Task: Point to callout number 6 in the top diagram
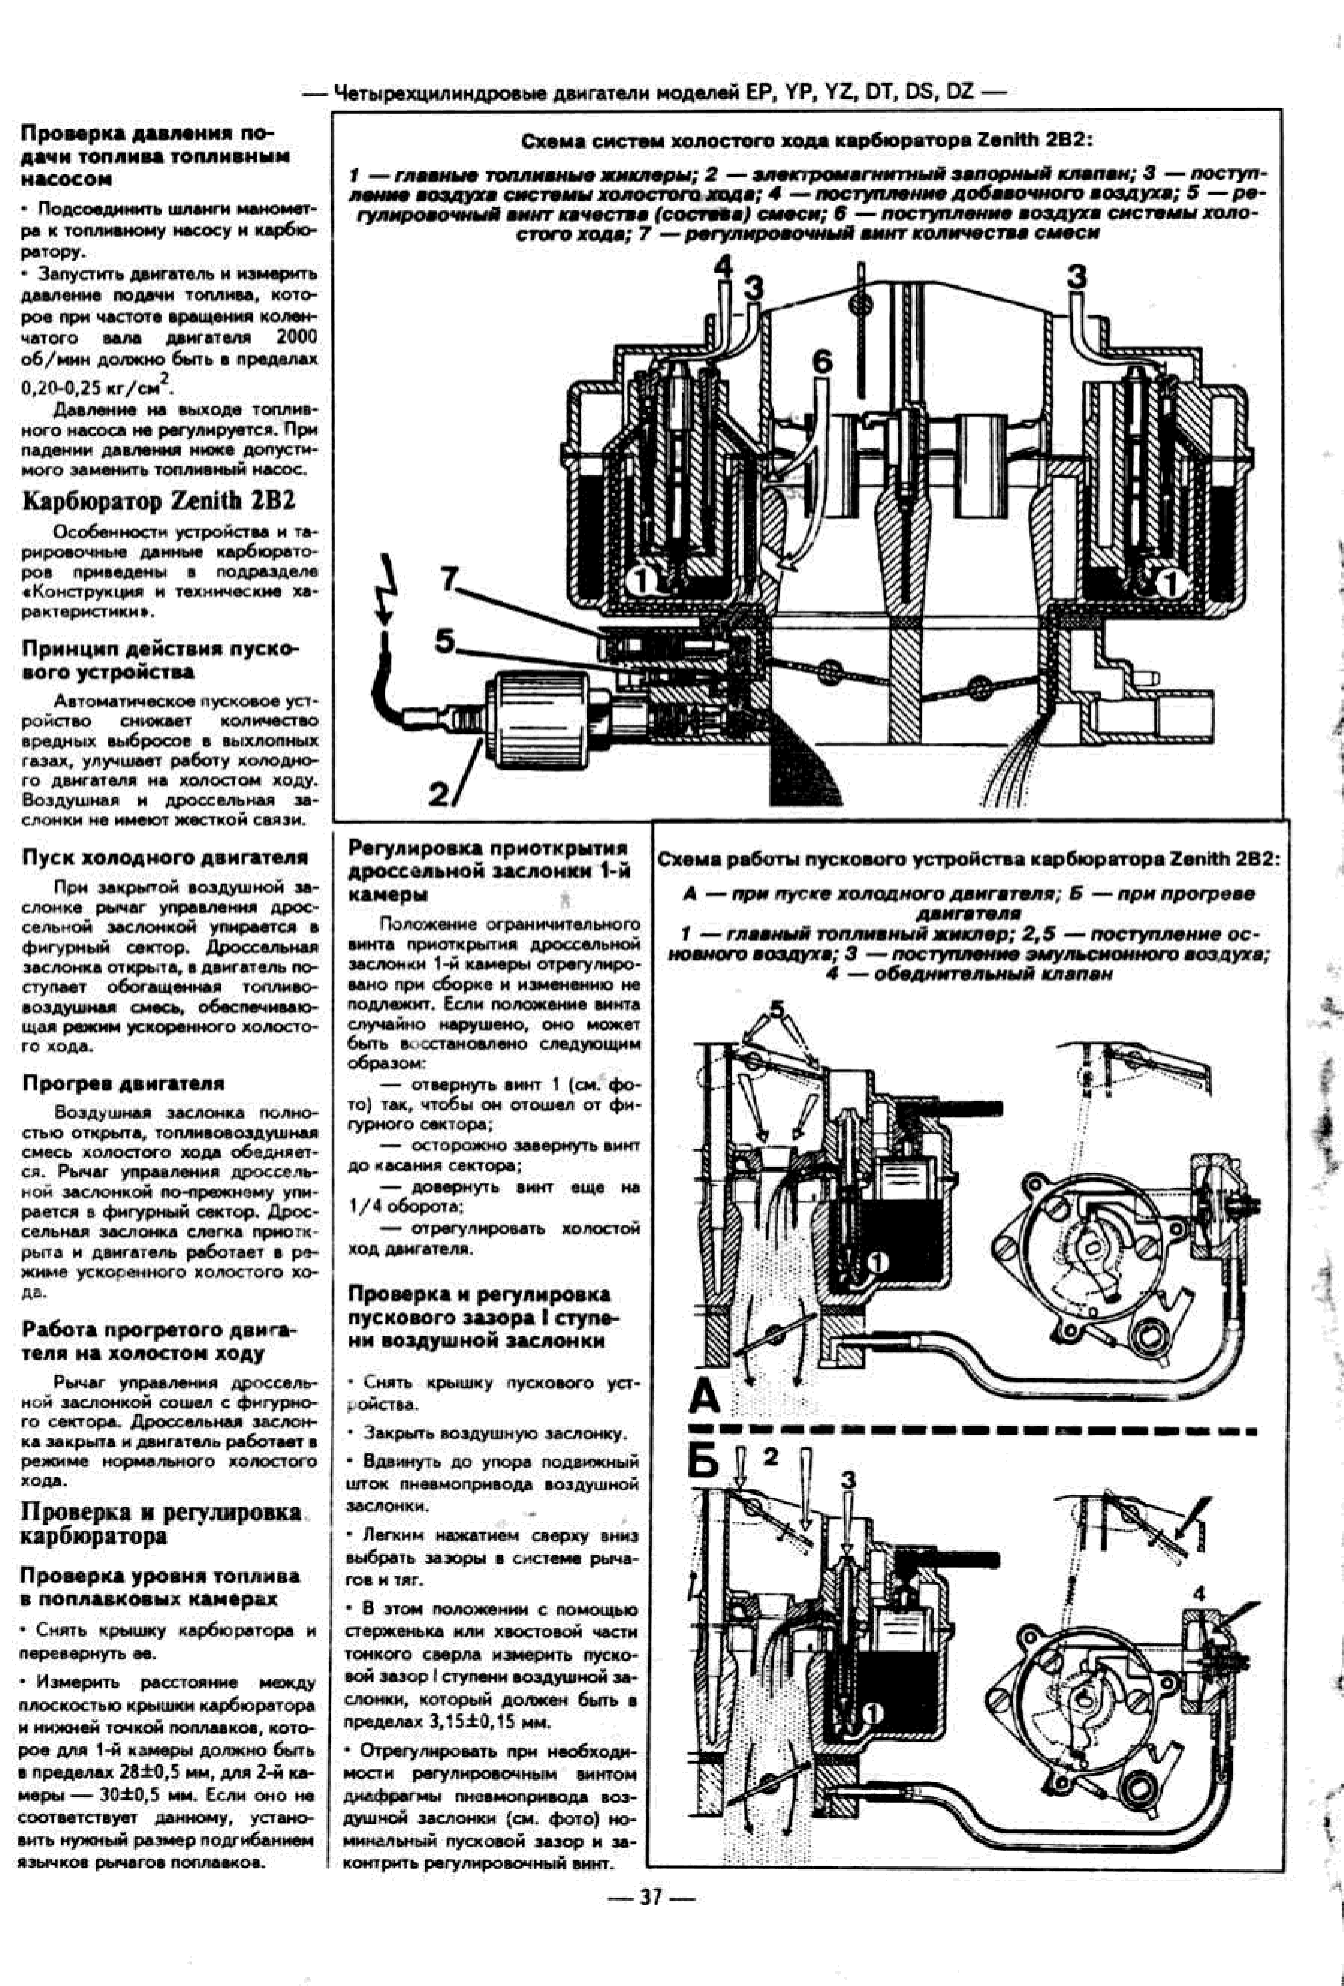click(821, 361)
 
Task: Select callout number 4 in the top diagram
click(723, 267)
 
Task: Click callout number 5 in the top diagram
click(445, 640)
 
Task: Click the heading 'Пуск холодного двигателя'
click(165, 857)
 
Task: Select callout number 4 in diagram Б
click(1200, 1594)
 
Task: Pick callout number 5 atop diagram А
click(775, 1008)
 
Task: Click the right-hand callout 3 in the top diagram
click(1077, 276)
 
